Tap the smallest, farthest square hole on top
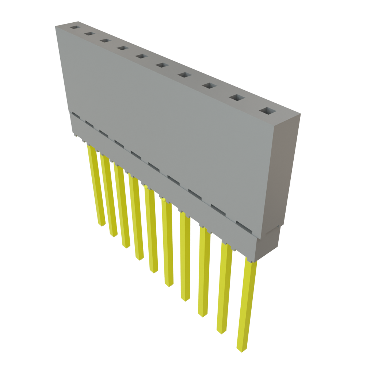(x=75, y=27)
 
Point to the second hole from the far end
(x=89, y=34)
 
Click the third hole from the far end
(x=104, y=40)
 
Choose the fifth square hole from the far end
(x=141, y=56)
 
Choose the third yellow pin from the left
(x=123, y=208)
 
